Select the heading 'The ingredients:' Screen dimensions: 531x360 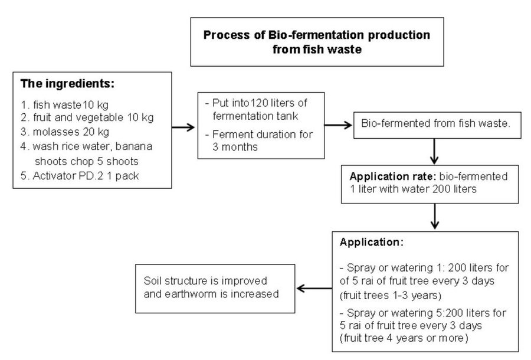coord(67,83)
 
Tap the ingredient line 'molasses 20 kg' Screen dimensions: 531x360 coord(71,132)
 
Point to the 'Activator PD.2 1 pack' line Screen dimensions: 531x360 coord(86,176)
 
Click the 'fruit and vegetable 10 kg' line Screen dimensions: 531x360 coord(93,117)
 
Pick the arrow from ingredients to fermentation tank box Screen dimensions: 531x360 coord(183,127)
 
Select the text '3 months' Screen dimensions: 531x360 coord(235,147)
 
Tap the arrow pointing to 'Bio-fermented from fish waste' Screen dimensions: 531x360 coord(338,125)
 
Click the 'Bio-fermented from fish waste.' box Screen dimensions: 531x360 coord(437,125)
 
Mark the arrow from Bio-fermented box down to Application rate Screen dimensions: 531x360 coord(434,152)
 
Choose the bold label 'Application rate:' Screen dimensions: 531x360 coord(393,176)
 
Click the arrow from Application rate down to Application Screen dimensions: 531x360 coord(435,217)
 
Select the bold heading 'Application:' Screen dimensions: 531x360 coord(372,242)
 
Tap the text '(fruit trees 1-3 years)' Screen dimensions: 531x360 coord(391,296)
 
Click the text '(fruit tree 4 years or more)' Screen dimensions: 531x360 coord(404,338)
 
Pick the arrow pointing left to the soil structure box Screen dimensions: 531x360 coord(314,289)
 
